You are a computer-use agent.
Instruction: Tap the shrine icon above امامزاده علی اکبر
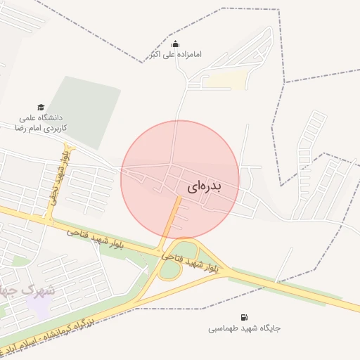coord(175,44)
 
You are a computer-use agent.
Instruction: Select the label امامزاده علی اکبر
coord(176,54)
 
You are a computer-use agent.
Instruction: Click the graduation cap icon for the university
coord(40,107)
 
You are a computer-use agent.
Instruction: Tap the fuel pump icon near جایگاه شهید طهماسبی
coord(244,318)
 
